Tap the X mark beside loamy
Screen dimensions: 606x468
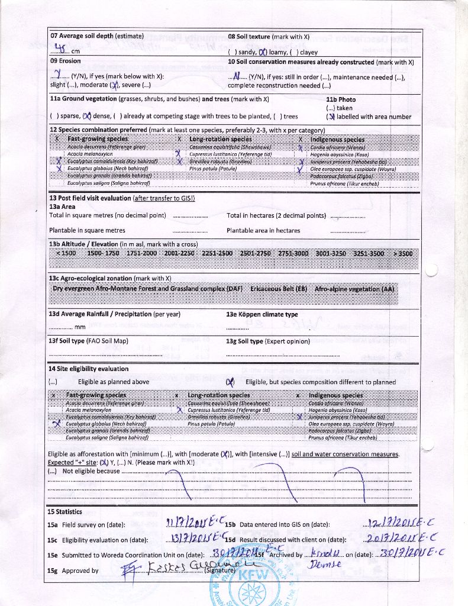pos(263,52)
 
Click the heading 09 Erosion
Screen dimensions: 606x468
pos(65,61)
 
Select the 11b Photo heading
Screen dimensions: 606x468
pos(341,99)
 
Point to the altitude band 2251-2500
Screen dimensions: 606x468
pos(217,253)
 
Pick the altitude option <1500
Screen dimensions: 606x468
pos(66,253)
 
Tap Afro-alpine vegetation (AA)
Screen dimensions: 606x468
pos(354,289)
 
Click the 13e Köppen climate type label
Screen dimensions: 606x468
pos(262,315)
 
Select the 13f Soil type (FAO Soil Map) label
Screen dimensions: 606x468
pos(89,341)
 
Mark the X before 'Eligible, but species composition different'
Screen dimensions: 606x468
pos(230,382)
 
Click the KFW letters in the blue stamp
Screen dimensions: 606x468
pos(253,573)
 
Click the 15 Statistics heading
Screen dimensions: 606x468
pos(65,512)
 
